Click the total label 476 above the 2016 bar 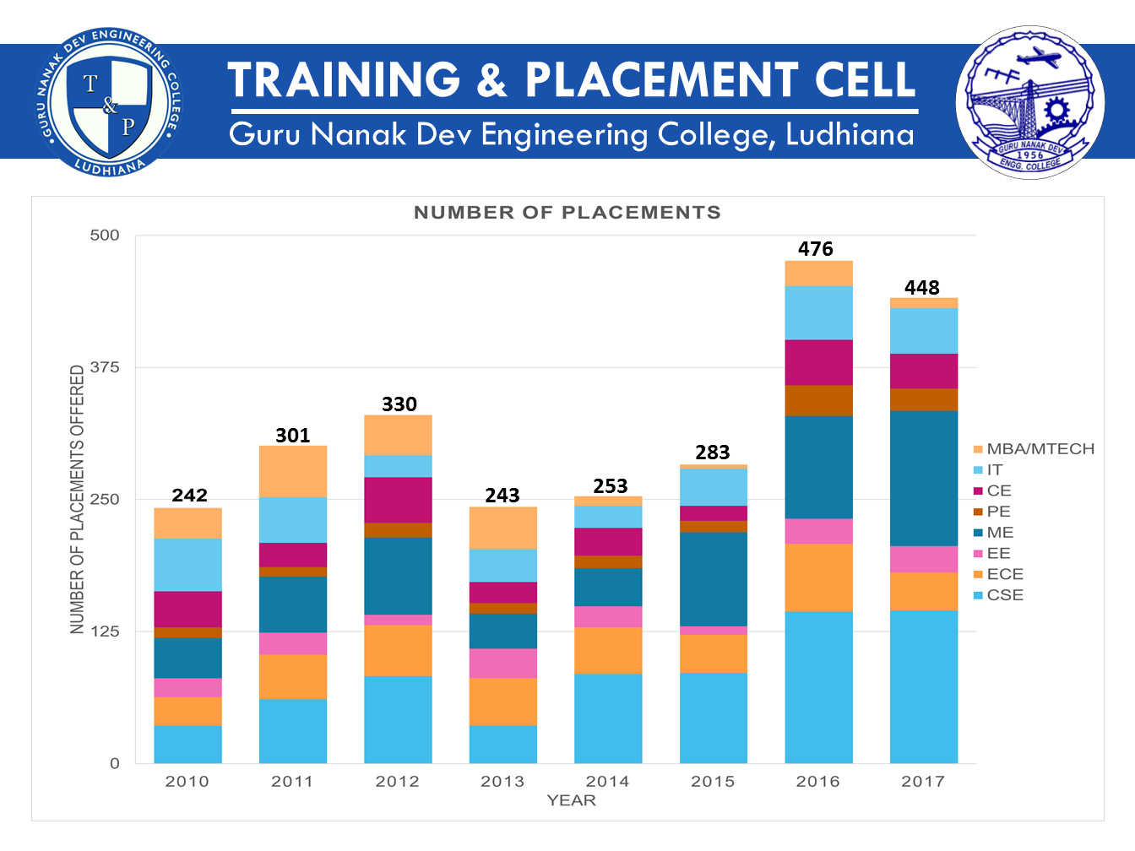[x=815, y=249]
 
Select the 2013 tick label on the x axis [x=502, y=782]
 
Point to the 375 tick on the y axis [x=105, y=367]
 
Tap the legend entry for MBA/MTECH [x=1040, y=449]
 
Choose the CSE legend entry [x=1004, y=595]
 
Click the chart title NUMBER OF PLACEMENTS [x=567, y=213]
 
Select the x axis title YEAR [x=571, y=800]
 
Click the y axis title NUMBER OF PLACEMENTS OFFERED [x=78, y=499]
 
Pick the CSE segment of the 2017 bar [x=923, y=686]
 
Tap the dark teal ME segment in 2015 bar [x=713, y=578]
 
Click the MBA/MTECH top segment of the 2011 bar [x=292, y=471]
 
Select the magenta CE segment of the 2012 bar [x=398, y=500]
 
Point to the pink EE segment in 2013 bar [x=502, y=663]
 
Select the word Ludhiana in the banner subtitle [x=850, y=135]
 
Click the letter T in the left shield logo [x=90, y=84]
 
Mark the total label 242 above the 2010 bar [x=189, y=496]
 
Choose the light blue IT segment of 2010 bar [x=187, y=564]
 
